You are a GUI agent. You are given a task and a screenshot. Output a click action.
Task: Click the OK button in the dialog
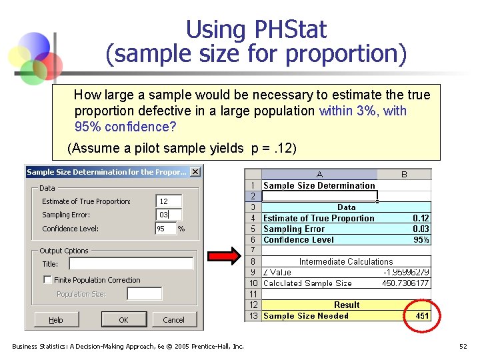(123, 320)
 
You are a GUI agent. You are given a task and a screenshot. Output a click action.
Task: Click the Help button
(56, 320)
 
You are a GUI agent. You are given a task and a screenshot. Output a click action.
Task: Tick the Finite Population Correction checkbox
(48, 280)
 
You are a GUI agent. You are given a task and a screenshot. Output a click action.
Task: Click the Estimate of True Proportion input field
(168, 201)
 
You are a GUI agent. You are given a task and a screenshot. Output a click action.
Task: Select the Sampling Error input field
(168, 215)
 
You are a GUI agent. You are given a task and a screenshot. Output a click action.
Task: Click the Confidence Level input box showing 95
(165, 229)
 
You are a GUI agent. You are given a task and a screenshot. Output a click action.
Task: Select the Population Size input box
(144, 294)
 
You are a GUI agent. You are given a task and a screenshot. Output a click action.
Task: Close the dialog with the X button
(195, 172)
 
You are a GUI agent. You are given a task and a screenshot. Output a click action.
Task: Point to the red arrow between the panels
(223, 256)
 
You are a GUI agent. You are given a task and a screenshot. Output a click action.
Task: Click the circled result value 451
(422, 316)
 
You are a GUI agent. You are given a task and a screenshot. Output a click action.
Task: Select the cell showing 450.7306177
(403, 283)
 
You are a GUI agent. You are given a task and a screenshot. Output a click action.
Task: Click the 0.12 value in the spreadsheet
(421, 218)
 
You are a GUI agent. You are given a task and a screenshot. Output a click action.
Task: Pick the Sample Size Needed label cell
(306, 316)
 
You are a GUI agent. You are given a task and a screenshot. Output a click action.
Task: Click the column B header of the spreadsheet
(404, 175)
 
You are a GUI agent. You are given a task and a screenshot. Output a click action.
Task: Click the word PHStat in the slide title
(290, 30)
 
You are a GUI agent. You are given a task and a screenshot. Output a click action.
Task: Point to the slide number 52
(463, 346)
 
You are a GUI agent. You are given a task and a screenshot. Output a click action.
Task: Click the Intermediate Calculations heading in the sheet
(346, 262)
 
